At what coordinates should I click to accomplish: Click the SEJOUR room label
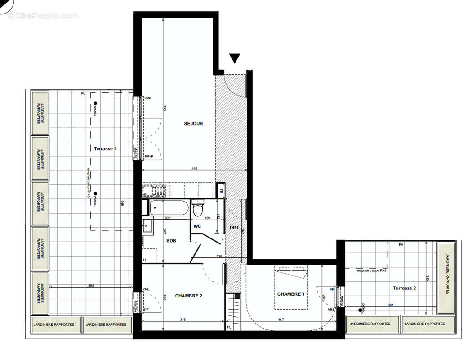pyautogui.click(x=193, y=123)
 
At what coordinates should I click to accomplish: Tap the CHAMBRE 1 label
pyautogui.click(x=290, y=294)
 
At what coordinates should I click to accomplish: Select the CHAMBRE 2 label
pyautogui.click(x=189, y=296)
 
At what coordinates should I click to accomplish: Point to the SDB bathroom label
pyautogui.click(x=171, y=241)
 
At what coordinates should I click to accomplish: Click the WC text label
pyautogui.click(x=197, y=226)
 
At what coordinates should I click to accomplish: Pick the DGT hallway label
pyautogui.click(x=234, y=228)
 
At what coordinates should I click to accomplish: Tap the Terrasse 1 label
pyautogui.click(x=105, y=148)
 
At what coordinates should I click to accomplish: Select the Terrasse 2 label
pyautogui.click(x=405, y=288)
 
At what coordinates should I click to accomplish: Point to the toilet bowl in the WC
pyautogui.click(x=198, y=210)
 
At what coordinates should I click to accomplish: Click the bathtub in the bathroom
pyautogui.click(x=168, y=208)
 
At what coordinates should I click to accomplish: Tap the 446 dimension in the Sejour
pyautogui.click(x=194, y=169)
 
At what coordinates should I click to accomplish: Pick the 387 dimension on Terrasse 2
pyautogui.click(x=390, y=306)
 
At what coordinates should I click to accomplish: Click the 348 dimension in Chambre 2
pyautogui.click(x=183, y=320)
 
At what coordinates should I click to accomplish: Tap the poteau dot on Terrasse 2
pyautogui.click(x=361, y=310)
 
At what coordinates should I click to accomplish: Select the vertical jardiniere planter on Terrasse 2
pyautogui.click(x=446, y=278)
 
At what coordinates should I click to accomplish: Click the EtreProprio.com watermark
pyautogui.click(x=43, y=16)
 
